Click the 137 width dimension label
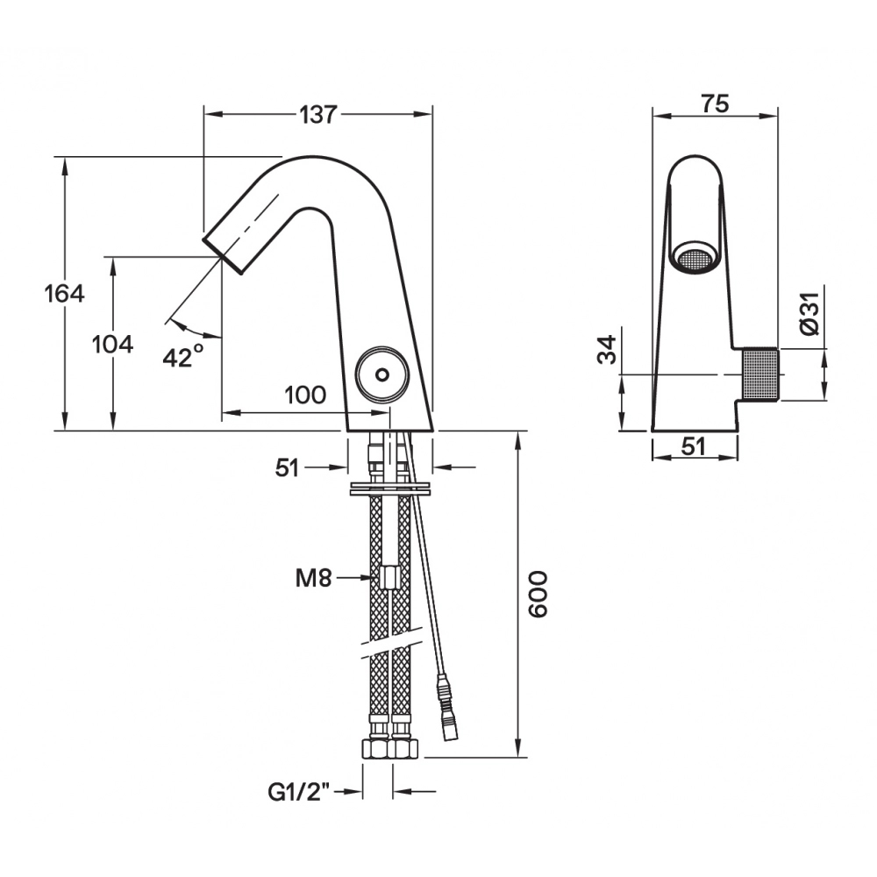click(318, 115)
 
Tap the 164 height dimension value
click(64, 294)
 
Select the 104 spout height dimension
click(112, 345)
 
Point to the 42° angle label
click(183, 356)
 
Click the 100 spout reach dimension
click(305, 396)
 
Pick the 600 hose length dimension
click(538, 594)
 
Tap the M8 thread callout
click(314, 578)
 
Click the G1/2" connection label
click(299, 792)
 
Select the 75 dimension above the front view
click(715, 104)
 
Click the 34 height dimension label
click(607, 350)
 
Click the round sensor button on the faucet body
click(382, 373)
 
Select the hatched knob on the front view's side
click(760, 374)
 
